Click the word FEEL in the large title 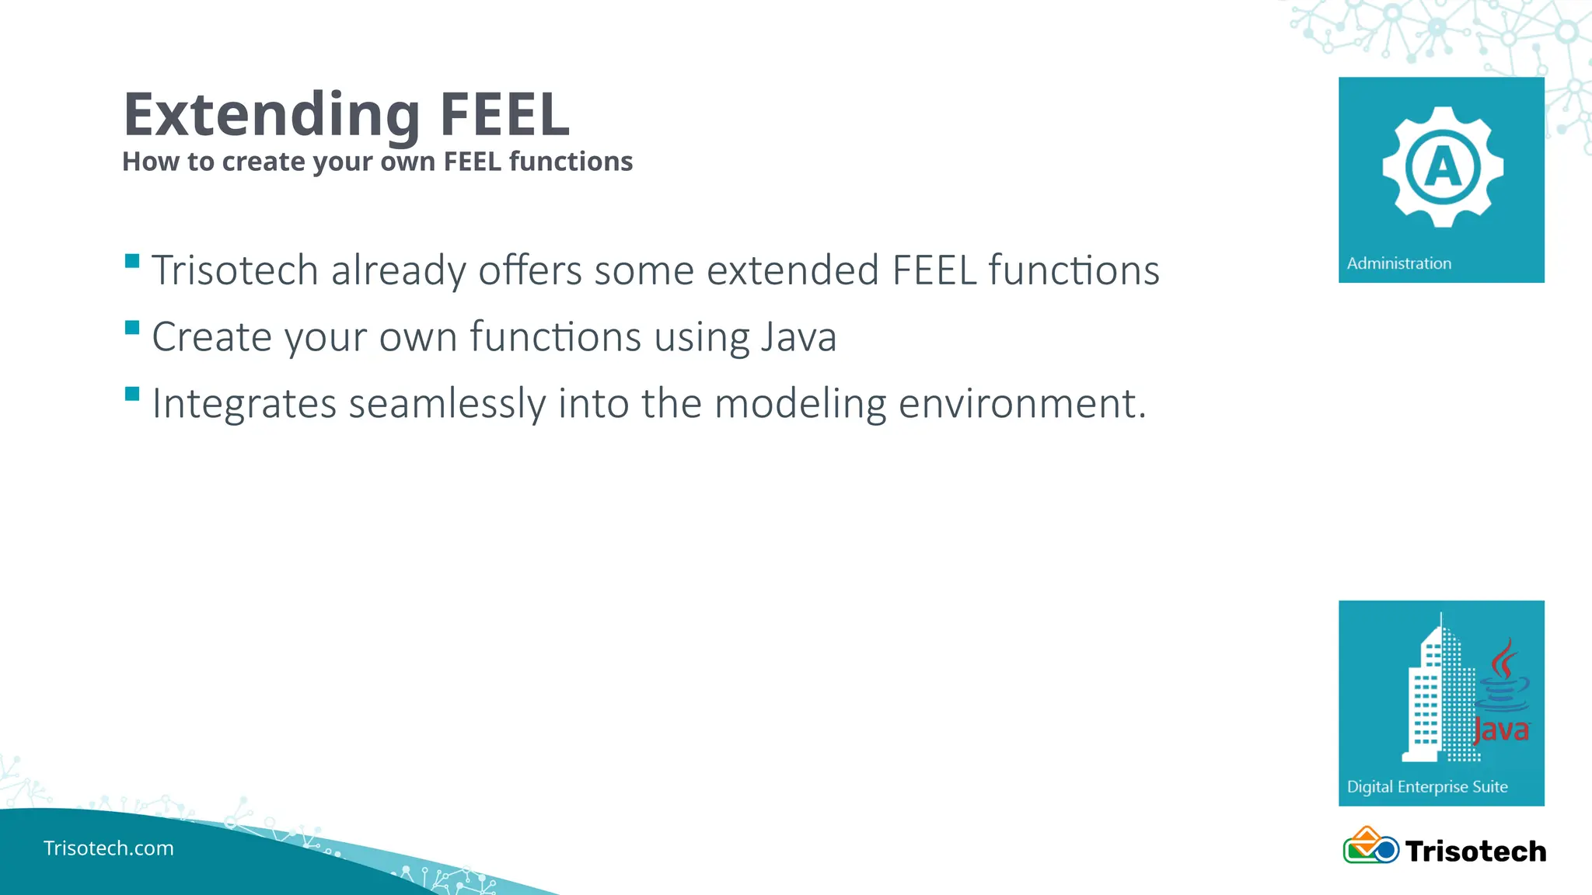coord(504,115)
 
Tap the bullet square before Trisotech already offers coord(132,260)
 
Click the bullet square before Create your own coord(132,327)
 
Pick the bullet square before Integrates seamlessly coord(132,394)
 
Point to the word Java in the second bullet coord(798,337)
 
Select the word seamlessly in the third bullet coord(447,404)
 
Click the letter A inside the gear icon coord(1443,167)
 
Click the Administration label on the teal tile coord(1398,263)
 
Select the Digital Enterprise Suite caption coord(1427,787)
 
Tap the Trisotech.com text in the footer coord(109,848)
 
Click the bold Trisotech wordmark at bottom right coord(1475,851)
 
